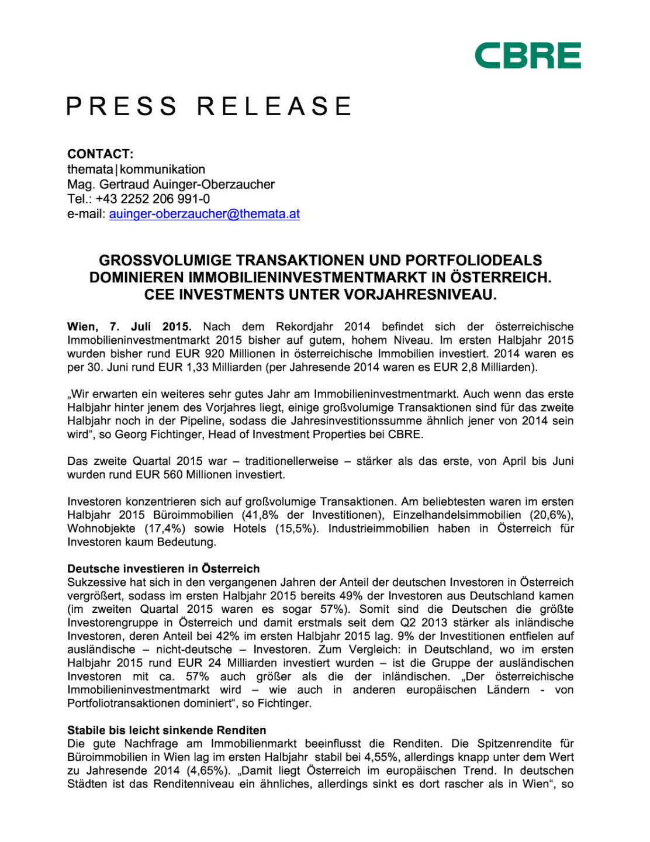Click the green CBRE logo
coord(527,56)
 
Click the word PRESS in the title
coord(122,107)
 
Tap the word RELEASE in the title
coord(274,107)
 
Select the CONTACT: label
coord(100,154)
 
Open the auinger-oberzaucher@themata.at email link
coord(204,214)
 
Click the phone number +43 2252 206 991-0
coord(153,199)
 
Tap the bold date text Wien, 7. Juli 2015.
coord(129,326)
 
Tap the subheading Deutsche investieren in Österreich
coord(163,568)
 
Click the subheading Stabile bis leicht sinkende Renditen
coord(167,730)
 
